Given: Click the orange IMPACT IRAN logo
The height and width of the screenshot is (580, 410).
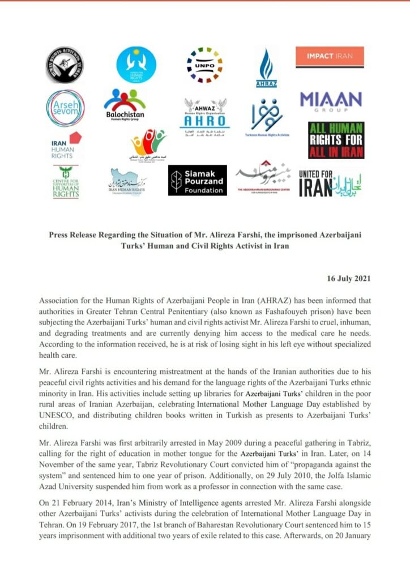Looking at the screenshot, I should click(x=330, y=57).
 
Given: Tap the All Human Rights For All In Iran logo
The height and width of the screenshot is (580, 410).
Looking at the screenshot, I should click(x=336, y=140).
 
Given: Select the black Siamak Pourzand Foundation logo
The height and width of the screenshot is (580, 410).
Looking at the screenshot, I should click(x=197, y=181).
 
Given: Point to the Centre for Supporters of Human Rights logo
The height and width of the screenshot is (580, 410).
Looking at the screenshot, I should click(x=66, y=182).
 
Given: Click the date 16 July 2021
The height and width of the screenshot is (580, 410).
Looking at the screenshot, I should click(x=349, y=279).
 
